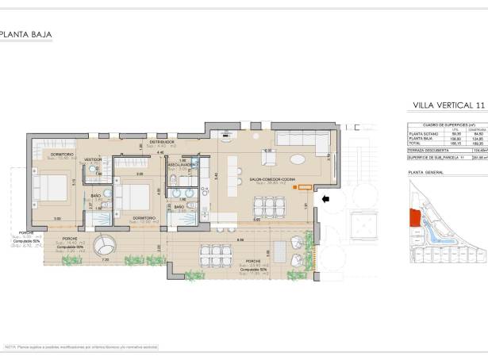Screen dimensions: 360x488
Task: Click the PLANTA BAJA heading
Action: [25, 34]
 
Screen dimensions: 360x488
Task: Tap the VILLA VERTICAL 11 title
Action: [448, 105]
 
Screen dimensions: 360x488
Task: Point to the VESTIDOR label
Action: [94, 159]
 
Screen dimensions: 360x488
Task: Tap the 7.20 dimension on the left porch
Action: [105, 259]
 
